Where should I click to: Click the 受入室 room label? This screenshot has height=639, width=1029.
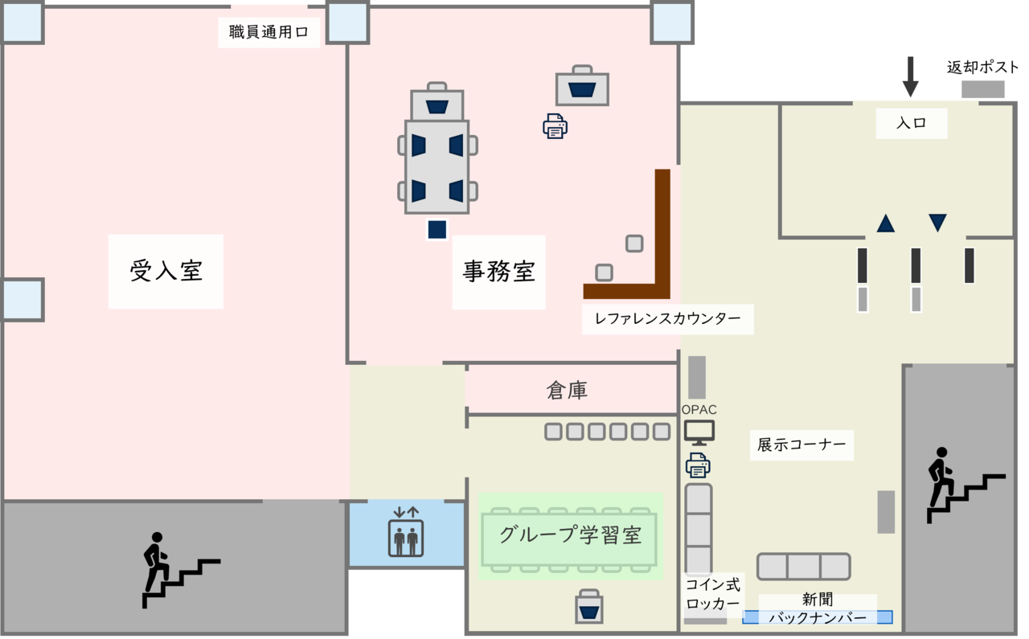166,271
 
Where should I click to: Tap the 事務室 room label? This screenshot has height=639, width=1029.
498,272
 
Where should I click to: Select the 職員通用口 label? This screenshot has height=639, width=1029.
269,33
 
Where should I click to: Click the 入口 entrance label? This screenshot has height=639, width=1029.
911,124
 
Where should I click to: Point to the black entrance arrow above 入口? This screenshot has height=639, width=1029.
910,77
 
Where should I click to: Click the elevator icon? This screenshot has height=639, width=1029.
406,532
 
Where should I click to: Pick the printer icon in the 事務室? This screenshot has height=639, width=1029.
555,126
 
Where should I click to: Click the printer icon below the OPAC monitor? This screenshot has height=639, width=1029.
698,465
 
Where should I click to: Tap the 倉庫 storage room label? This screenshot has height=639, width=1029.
567,391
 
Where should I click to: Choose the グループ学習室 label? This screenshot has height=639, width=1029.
570,535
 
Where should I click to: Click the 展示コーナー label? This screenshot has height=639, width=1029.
801,444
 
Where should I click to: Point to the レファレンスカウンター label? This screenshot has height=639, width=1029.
667,318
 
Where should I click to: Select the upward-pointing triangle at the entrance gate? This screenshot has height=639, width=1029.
885,223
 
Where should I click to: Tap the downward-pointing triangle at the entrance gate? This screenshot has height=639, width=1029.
937,223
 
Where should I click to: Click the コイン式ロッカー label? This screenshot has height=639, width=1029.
712,595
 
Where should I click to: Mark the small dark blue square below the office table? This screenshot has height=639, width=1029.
437,230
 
